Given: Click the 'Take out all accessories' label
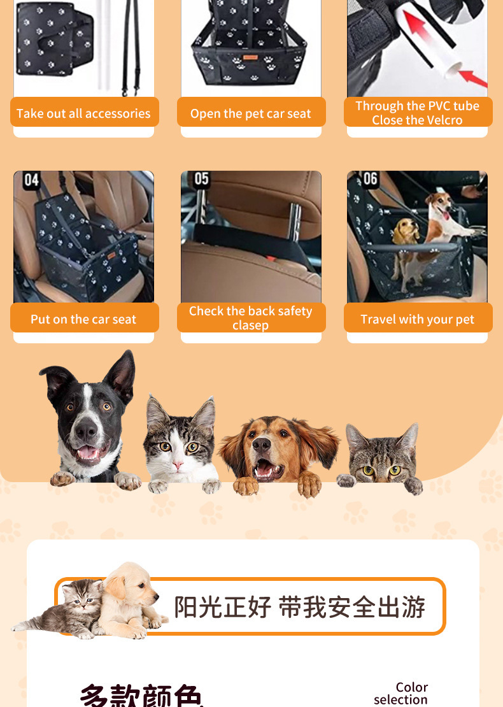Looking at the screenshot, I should pyautogui.click(x=83, y=113).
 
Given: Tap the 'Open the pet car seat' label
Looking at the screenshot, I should pyautogui.click(x=251, y=113).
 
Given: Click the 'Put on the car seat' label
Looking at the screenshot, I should pyautogui.click(x=83, y=319).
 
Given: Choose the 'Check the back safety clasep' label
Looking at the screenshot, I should pyautogui.click(x=251, y=318).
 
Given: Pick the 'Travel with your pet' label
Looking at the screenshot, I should pyautogui.click(x=418, y=319).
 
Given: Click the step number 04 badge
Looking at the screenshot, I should pyautogui.click(x=31, y=181).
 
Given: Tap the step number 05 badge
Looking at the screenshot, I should pyautogui.click(x=201, y=179).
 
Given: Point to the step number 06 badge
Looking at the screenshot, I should pyautogui.click(x=369, y=179).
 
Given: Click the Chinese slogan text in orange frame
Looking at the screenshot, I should pyautogui.click(x=299, y=607).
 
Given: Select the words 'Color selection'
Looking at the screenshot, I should pyautogui.click(x=402, y=694).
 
